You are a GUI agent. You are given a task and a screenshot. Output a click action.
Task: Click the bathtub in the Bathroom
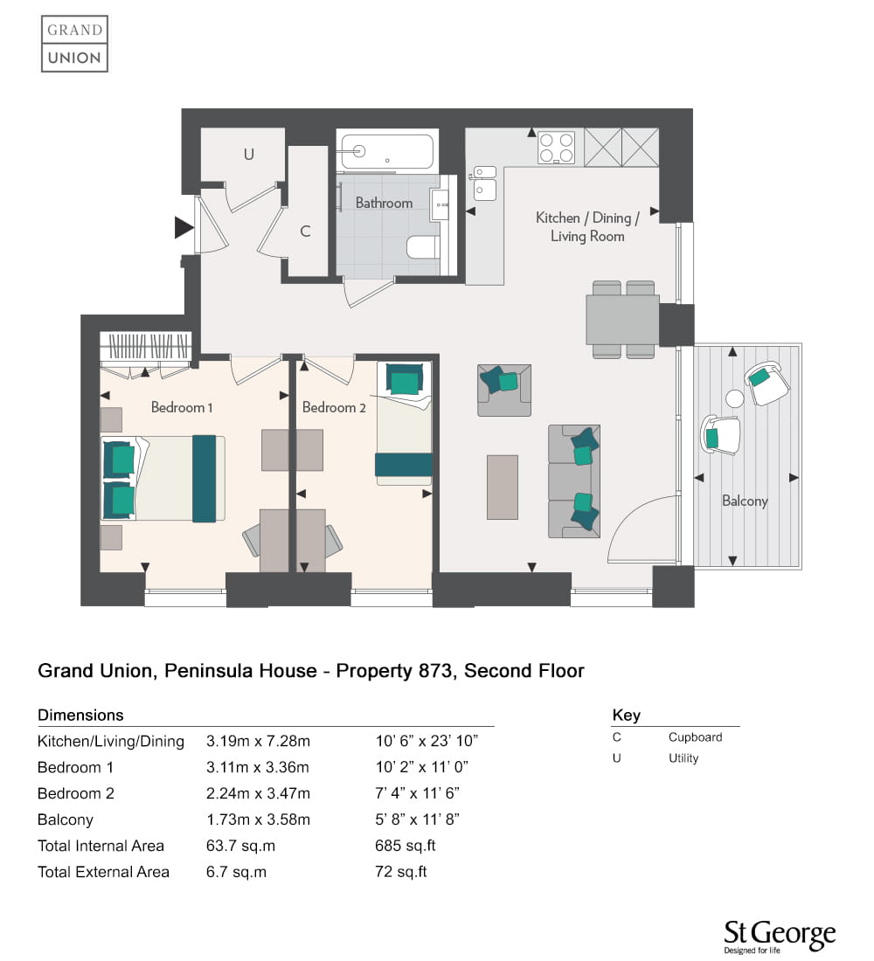coord(387,151)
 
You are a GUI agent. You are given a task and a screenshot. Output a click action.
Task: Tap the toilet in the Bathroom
coord(423,247)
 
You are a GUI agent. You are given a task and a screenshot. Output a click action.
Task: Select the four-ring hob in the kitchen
coord(556,148)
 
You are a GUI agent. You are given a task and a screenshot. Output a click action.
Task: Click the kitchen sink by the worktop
coord(485,183)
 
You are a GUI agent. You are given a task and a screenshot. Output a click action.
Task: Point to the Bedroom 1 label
coord(182,408)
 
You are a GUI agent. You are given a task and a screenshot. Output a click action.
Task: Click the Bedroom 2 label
coord(334,408)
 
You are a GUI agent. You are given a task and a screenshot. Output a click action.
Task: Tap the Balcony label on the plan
coord(745,501)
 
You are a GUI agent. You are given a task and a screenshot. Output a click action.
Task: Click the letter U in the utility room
coord(248,155)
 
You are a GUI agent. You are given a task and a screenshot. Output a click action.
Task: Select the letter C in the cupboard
coord(305,231)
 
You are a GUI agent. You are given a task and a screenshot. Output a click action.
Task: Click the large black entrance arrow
coord(184,227)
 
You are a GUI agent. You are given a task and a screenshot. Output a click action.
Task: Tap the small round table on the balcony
coord(734,398)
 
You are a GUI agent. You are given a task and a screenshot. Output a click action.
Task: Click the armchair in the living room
coord(504,391)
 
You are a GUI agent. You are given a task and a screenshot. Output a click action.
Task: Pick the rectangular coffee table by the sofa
coord(503,487)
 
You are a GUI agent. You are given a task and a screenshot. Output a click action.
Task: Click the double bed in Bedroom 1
coord(163,478)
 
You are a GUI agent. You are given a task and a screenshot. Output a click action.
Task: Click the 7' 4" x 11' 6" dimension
coord(417,793)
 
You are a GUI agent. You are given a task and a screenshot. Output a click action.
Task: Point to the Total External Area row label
coord(103,872)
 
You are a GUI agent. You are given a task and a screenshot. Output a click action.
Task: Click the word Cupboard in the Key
coord(695,737)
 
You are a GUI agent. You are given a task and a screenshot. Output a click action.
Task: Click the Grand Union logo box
coord(75,44)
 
